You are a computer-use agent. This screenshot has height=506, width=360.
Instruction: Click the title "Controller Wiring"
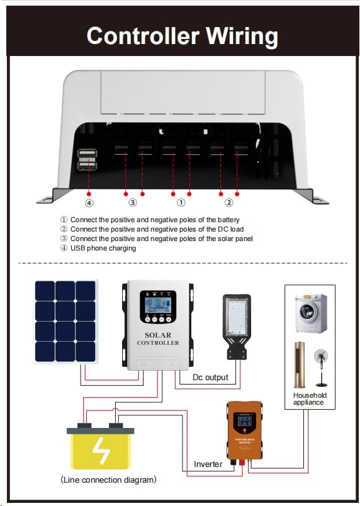(182, 35)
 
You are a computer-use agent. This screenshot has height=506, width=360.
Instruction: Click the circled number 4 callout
(89, 203)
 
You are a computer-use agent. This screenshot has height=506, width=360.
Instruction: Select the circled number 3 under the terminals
(133, 203)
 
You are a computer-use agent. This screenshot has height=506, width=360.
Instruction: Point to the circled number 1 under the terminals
(181, 203)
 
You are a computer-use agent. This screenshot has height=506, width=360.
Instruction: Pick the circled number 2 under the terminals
(229, 203)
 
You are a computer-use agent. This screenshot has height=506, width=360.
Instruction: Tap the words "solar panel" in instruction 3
(235, 239)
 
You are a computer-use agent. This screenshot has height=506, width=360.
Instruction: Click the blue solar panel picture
(65, 321)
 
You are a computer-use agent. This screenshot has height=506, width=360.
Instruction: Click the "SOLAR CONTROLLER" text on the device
(157, 339)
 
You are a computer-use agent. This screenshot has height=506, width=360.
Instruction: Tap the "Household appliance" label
(310, 399)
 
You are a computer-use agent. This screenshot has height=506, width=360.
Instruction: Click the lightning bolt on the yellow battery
(101, 449)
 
